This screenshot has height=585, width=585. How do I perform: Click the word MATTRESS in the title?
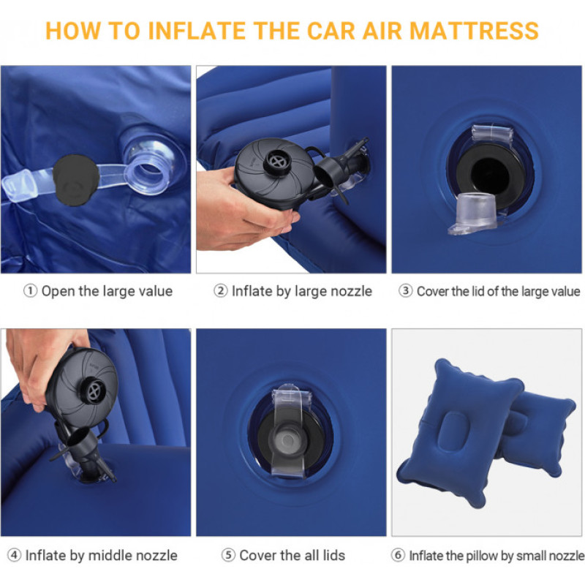pyautogui.click(x=474, y=31)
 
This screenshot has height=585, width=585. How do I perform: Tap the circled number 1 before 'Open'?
pyautogui.click(x=30, y=291)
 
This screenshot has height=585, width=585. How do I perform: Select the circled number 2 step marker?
pyautogui.click(x=221, y=291)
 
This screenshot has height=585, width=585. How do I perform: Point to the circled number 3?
pyautogui.click(x=406, y=291)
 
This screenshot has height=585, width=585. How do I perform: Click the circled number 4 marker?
pyautogui.click(x=14, y=555)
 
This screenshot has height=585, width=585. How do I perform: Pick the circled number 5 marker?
pyautogui.click(x=228, y=555)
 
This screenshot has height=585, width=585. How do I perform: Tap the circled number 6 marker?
pyautogui.click(x=398, y=555)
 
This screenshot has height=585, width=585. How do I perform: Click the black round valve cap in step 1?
pyautogui.click(x=75, y=180)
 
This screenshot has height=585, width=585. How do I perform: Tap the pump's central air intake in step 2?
pyautogui.click(x=278, y=162)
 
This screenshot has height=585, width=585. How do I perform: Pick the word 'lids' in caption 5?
pyautogui.click(x=334, y=555)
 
